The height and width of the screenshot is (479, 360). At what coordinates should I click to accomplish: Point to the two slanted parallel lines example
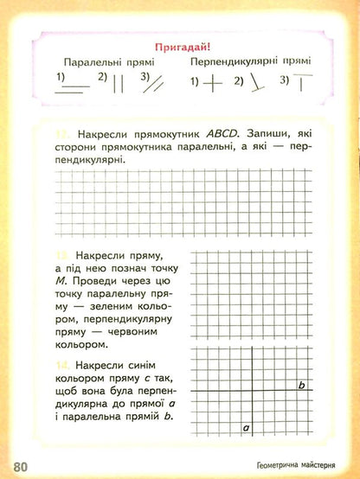[x=163, y=82]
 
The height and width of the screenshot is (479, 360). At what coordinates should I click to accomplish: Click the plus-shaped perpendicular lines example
[x=210, y=85]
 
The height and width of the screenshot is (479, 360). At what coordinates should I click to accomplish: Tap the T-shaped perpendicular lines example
[x=302, y=83]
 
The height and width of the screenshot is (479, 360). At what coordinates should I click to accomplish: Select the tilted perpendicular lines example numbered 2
[x=255, y=84]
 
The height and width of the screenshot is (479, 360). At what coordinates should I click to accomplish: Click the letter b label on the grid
[x=301, y=386]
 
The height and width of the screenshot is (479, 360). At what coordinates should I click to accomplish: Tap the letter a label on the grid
[x=247, y=426]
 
